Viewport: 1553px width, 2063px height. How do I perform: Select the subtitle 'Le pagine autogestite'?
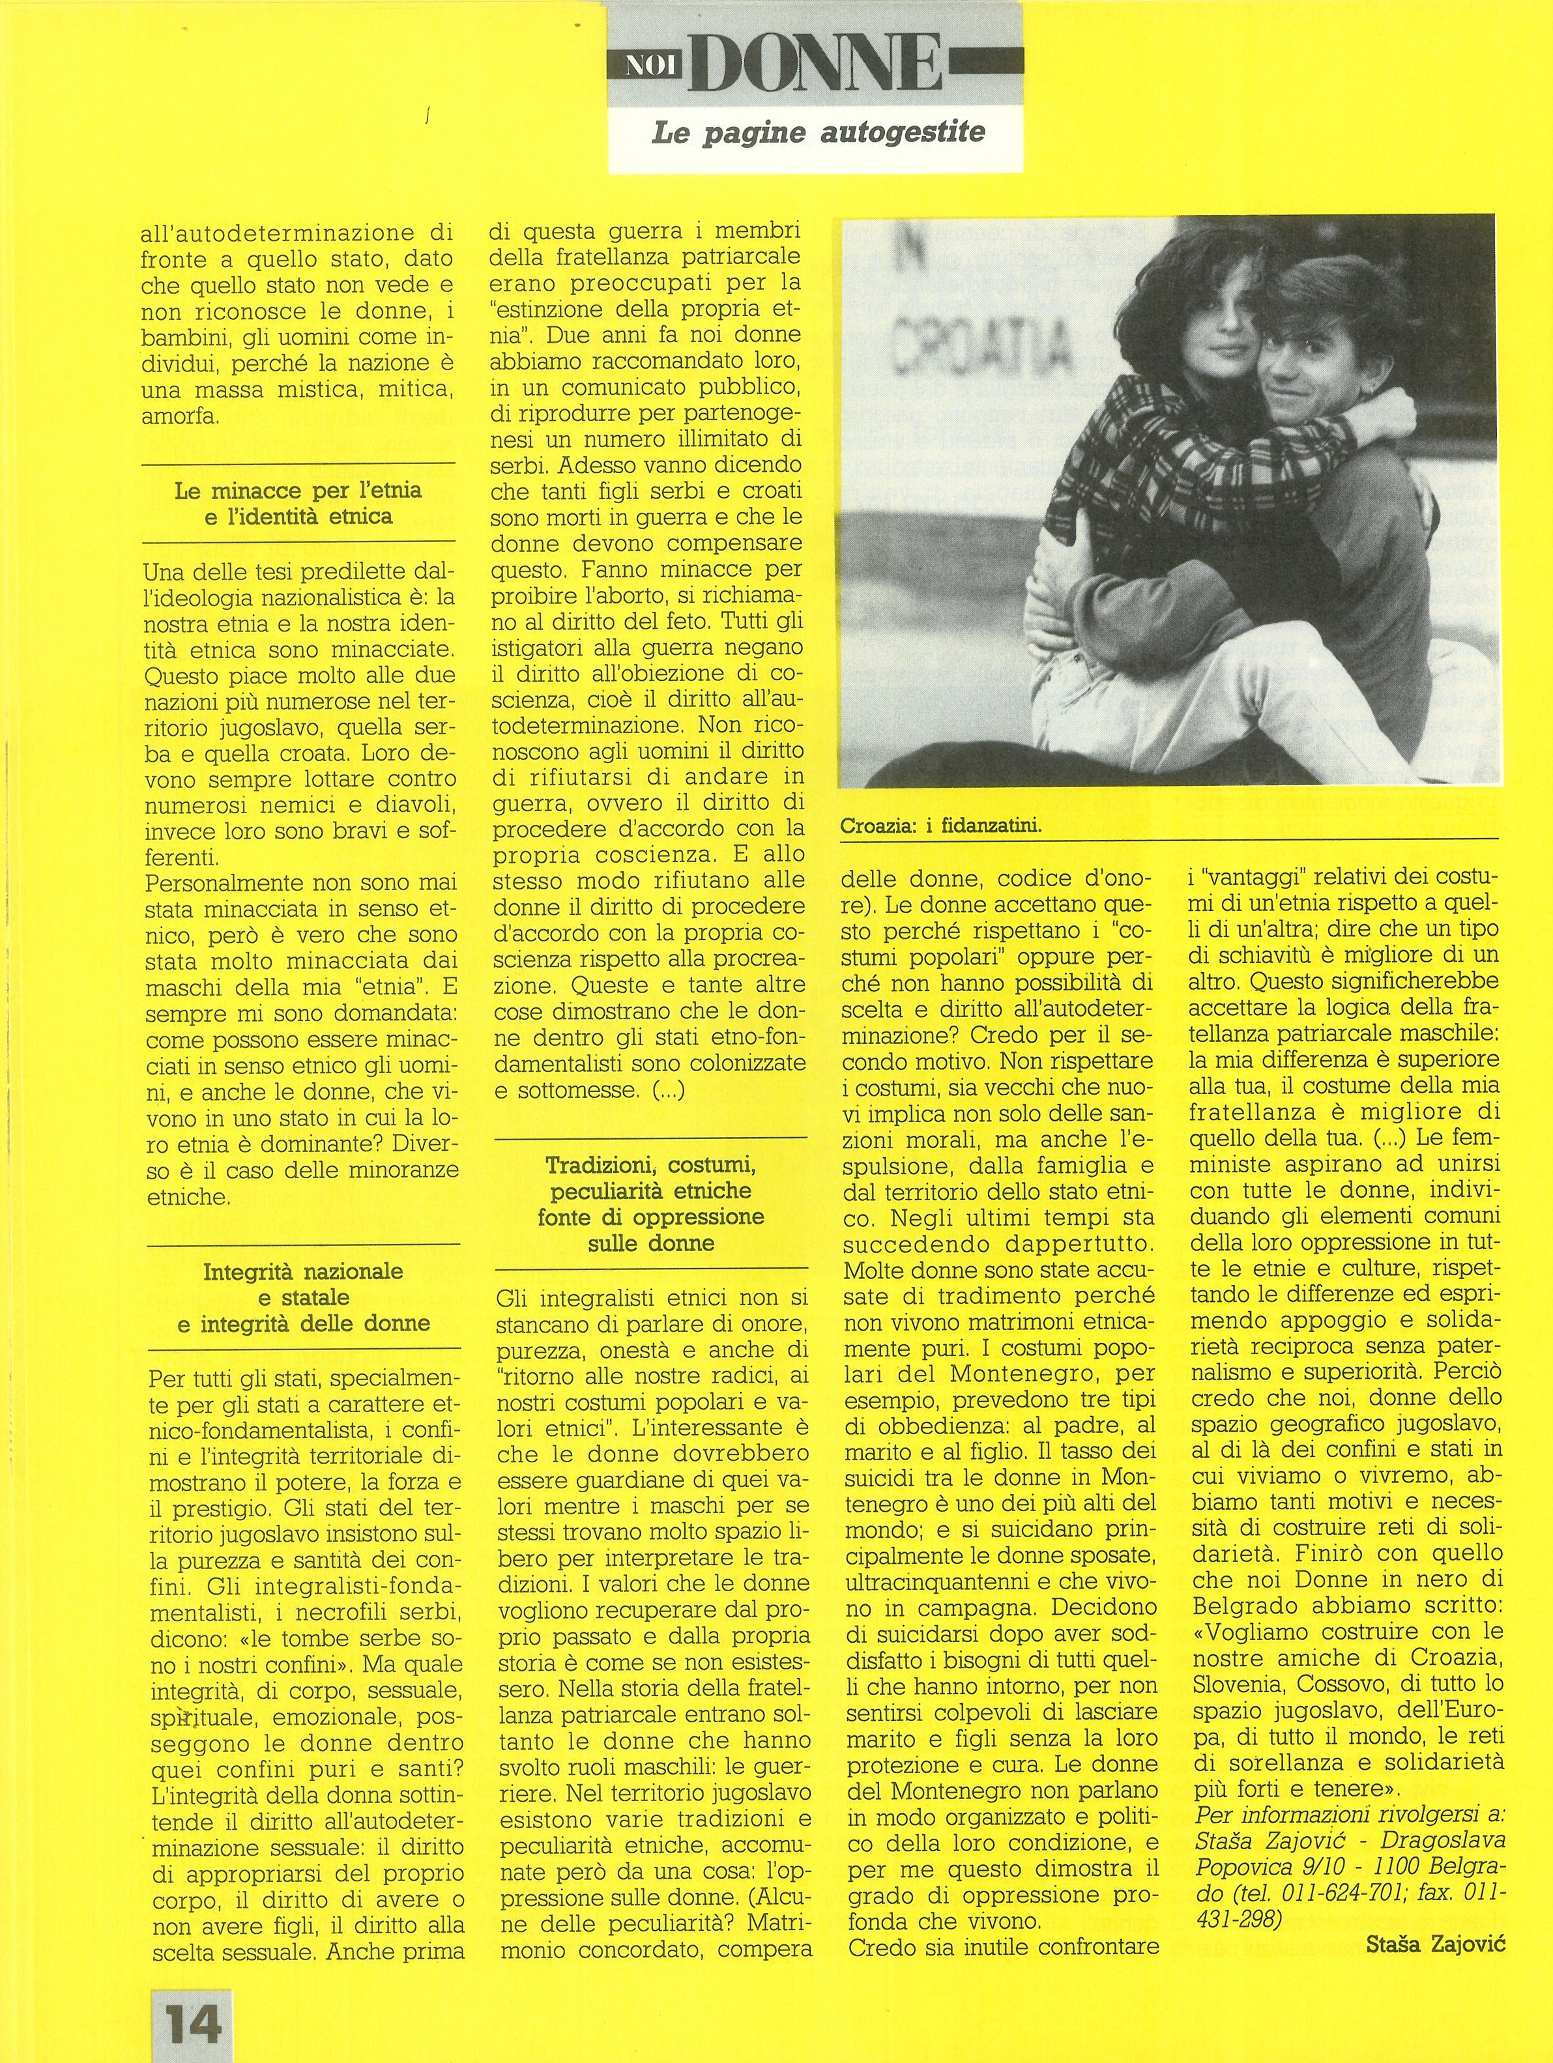tap(817, 132)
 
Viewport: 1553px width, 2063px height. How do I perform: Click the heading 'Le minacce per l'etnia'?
tap(298, 489)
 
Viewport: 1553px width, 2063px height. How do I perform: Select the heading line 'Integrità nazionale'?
tap(303, 1271)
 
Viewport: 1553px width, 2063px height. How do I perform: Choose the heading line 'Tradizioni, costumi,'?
tap(650, 1165)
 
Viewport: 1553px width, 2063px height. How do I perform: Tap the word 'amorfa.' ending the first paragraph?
tap(180, 416)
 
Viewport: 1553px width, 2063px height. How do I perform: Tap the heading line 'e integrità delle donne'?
tap(303, 1323)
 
